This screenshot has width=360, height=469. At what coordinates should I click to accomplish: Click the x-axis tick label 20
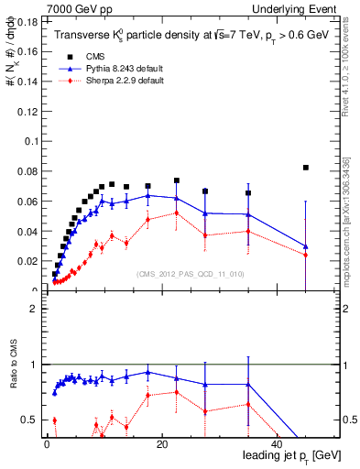click(x=162, y=444)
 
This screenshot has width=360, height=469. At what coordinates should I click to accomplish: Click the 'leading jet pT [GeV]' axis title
click(x=290, y=456)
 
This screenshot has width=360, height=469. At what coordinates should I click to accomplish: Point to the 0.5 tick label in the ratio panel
click(x=29, y=420)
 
